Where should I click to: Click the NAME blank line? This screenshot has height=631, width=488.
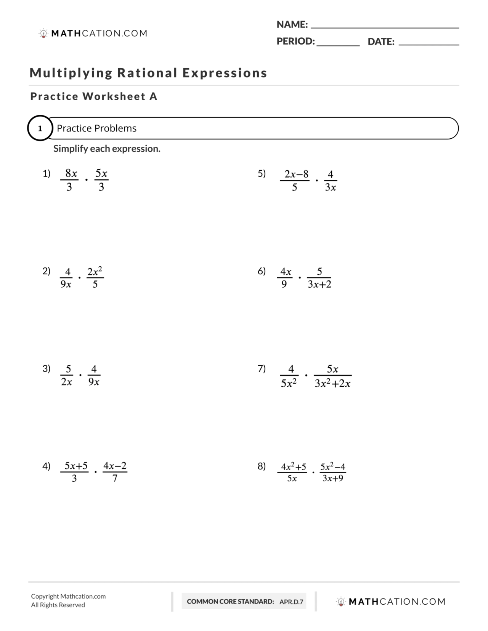[x=385, y=27]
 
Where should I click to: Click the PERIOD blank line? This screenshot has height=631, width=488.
[x=338, y=45]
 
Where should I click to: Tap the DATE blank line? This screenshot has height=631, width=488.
[x=429, y=45]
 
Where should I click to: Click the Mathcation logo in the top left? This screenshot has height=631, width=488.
[x=93, y=34]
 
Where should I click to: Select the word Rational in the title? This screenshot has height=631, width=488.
[x=147, y=73]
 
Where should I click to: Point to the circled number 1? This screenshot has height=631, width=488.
[x=40, y=128]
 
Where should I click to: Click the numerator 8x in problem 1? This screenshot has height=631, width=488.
[x=71, y=173]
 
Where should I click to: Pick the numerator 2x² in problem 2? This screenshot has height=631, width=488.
[x=95, y=271]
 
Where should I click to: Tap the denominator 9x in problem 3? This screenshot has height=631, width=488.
[x=94, y=382]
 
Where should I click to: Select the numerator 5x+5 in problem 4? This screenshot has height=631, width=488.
[x=76, y=466]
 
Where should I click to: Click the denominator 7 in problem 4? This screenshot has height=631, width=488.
[x=115, y=478]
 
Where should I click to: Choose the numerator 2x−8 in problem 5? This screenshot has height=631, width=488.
[x=296, y=174]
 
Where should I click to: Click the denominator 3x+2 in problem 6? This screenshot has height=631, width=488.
[x=319, y=284]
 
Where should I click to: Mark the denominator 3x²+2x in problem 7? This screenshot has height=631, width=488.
[x=332, y=383]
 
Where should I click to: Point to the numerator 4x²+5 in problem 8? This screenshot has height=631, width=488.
[x=294, y=466]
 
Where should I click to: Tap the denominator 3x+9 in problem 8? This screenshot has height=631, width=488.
[x=333, y=478]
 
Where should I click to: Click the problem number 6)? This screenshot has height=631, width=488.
[x=262, y=271]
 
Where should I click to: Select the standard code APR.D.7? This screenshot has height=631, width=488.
[x=291, y=602]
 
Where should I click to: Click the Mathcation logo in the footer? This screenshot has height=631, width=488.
[x=391, y=602]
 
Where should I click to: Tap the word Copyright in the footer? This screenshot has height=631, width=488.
[x=45, y=596]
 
